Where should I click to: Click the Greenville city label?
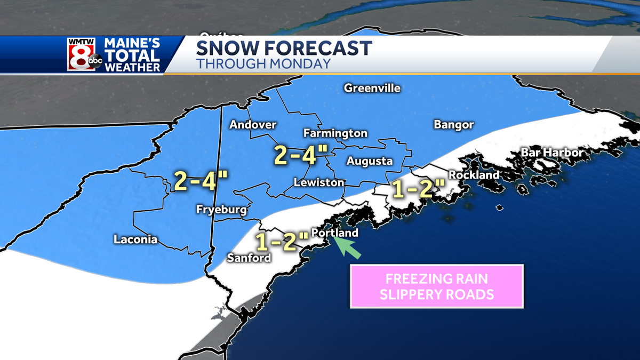click(372, 88)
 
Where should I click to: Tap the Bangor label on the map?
click(453, 125)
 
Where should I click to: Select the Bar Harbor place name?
click(552, 153)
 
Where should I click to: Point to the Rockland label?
click(474, 175)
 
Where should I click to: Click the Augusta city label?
click(369, 161)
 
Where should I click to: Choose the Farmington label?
click(335, 133)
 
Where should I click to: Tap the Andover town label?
click(253, 125)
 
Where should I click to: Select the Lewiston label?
click(319, 183)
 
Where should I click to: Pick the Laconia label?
click(135, 239)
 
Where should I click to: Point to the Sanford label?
click(249, 258)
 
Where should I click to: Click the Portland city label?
click(334, 234)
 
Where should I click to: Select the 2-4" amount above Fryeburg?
click(201, 182)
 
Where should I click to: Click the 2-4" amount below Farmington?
click(300, 155)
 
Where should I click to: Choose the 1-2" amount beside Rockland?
click(418, 189)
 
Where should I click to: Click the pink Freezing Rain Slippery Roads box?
click(437, 286)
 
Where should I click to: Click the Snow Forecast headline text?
click(284, 48)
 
